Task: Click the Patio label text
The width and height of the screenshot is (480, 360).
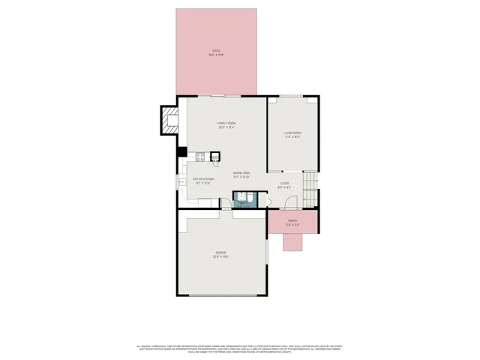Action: tap(216, 50)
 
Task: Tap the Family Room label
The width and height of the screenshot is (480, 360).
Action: tap(226, 123)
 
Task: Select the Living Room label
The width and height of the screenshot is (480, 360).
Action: tap(292, 133)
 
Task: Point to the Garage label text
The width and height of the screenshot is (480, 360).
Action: tap(220, 253)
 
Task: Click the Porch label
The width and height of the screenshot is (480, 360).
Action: tap(292, 220)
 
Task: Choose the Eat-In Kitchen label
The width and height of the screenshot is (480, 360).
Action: tap(202, 178)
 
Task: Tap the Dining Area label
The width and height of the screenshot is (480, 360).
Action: tap(241, 172)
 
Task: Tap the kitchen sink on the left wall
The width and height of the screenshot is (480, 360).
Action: tap(181, 181)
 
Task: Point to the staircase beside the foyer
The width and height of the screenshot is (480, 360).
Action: tap(310, 181)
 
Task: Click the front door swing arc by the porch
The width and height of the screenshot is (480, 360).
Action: tap(291, 203)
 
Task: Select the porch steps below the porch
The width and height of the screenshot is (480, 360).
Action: tap(292, 241)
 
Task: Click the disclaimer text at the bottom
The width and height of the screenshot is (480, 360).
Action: tap(240, 349)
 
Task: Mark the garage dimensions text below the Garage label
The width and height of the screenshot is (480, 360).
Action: tap(220, 257)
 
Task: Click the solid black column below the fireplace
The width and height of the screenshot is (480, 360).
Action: tap(181, 151)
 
